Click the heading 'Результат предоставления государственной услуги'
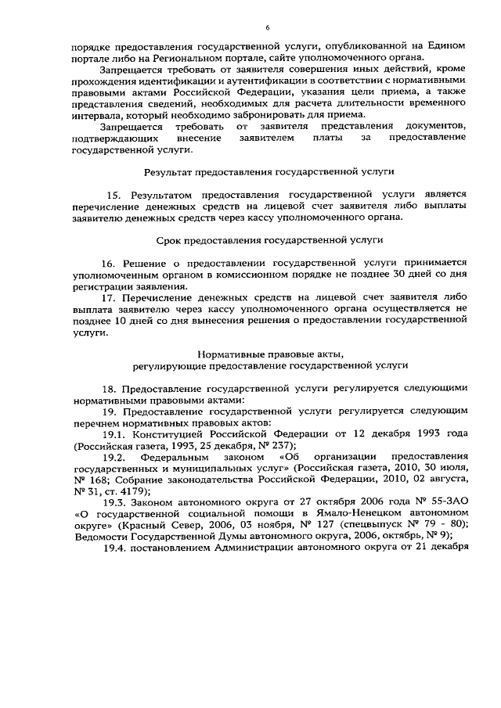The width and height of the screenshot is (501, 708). (x=269, y=170)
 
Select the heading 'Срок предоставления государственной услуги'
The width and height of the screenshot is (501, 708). (x=269, y=243)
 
